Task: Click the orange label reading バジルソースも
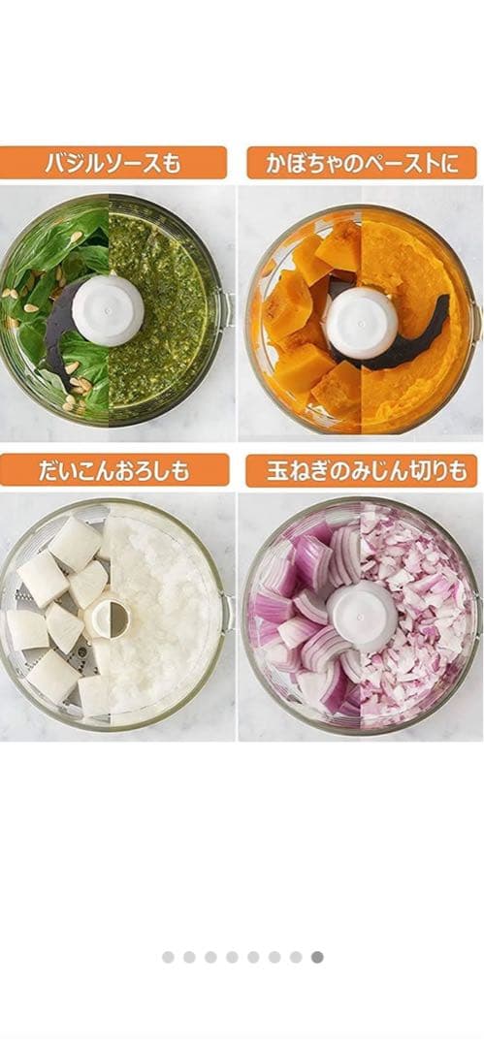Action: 113,163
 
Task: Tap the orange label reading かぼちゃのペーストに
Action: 362,163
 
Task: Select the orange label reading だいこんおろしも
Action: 114,471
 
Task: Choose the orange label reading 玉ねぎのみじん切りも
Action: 362,471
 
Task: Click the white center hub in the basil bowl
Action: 108,310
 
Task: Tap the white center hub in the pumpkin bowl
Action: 361,323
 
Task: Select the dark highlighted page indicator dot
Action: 317,957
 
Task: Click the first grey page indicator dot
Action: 168,957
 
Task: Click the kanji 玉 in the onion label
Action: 276,471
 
